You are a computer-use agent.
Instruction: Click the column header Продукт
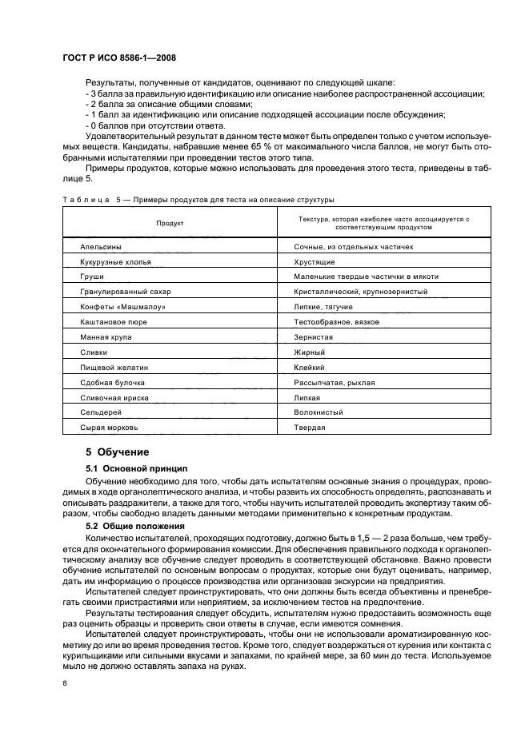pyautogui.click(x=170, y=223)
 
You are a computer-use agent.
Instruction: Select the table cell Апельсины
pyautogui.click(x=101, y=247)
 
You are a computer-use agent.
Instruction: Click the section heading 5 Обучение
pyautogui.click(x=117, y=452)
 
